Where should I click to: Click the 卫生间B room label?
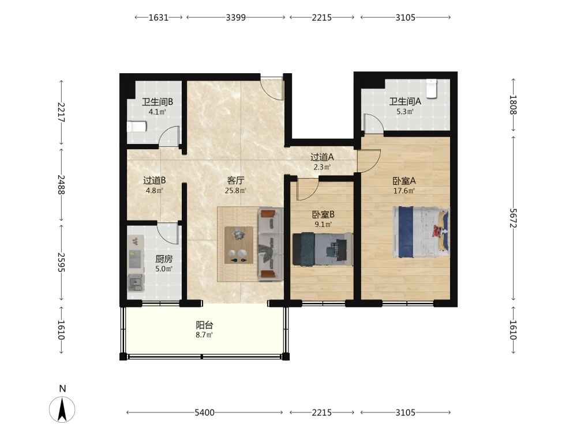tap(158, 102)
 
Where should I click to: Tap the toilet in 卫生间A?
tap(431, 89)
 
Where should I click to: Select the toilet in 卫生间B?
tap(137, 127)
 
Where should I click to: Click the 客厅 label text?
tap(235, 180)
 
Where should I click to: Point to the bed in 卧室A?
tap(421, 232)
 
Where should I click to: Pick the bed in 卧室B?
tap(323, 249)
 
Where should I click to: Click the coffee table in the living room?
tap(239, 245)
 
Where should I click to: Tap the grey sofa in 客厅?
tap(271, 244)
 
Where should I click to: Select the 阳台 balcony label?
tap(204, 325)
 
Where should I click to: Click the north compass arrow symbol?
tap(62, 409)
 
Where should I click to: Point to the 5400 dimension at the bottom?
tap(204, 412)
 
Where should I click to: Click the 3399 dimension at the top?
tap(235, 17)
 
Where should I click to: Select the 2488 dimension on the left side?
tap(61, 184)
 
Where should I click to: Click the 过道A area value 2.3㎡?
tap(322, 167)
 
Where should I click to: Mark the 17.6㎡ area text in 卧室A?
tap(404, 191)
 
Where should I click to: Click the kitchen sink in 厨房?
tap(136, 282)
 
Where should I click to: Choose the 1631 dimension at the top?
tap(159, 17)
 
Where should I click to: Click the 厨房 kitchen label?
tap(164, 259)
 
